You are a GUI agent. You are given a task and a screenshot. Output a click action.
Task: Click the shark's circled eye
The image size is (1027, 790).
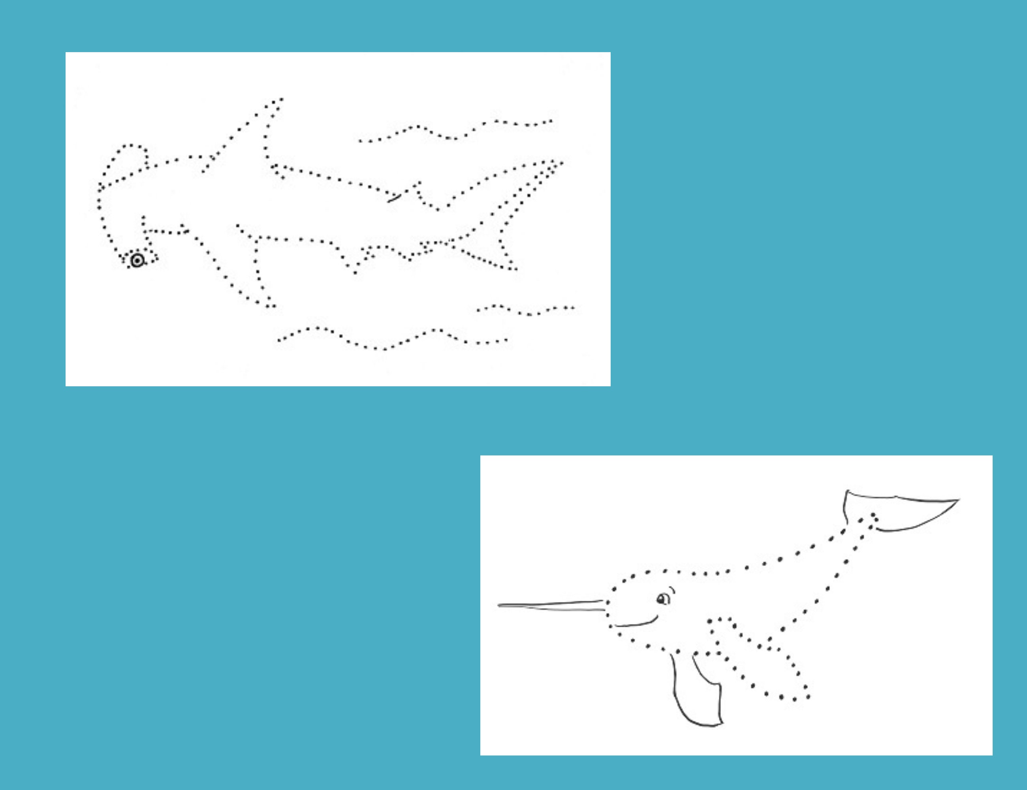point(137,260)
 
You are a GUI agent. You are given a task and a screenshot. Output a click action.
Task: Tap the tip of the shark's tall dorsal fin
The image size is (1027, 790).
point(281,99)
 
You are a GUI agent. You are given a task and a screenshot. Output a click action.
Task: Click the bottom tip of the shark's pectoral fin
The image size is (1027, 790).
point(272,306)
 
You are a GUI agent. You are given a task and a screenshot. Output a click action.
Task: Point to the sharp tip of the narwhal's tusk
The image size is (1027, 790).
point(499,605)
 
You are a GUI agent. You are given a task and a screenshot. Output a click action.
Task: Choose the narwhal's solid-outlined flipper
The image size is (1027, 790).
point(696,691)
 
